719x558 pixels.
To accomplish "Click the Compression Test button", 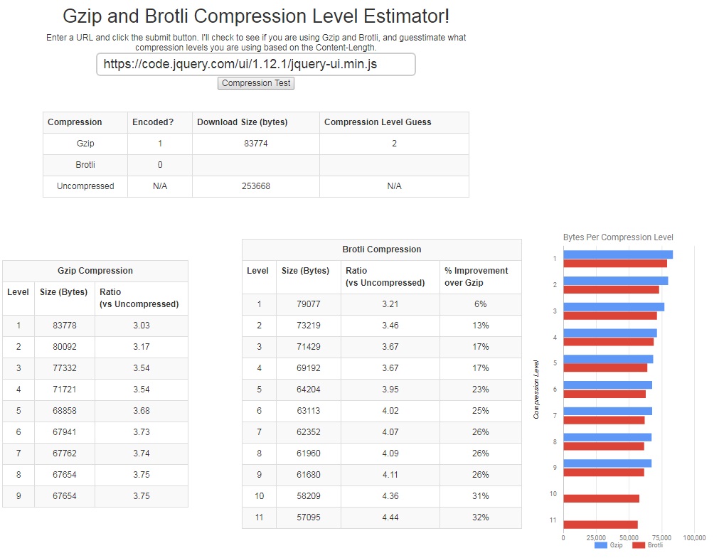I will click(x=256, y=83).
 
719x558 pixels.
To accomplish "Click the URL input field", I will click(x=256, y=64).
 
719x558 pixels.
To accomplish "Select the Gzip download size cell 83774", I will click(x=256, y=144).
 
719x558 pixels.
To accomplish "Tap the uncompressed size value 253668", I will click(x=256, y=186).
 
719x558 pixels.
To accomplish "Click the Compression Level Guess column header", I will click(x=378, y=122).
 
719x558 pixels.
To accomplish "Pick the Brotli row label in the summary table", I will click(x=85, y=165).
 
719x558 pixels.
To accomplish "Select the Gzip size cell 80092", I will click(x=64, y=347).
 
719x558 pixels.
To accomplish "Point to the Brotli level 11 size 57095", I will click(x=309, y=517).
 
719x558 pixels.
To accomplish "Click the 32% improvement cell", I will click(x=481, y=517).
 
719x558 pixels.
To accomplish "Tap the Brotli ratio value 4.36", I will click(x=390, y=496).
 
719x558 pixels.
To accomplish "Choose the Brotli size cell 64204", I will click(x=309, y=390).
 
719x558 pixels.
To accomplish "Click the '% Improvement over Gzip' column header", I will click(x=476, y=277).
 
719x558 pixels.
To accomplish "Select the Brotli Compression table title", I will click(x=382, y=250).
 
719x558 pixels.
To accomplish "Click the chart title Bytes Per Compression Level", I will click(x=618, y=237).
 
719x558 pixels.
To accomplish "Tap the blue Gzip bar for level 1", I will click(x=617, y=254).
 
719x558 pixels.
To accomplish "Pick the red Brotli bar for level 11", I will click(x=600, y=525).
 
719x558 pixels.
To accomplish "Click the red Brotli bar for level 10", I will click(x=601, y=498).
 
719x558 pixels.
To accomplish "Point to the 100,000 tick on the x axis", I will click(x=694, y=538).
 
